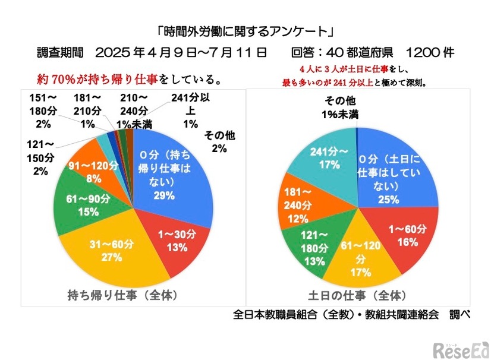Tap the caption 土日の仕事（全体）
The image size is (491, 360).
357,295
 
